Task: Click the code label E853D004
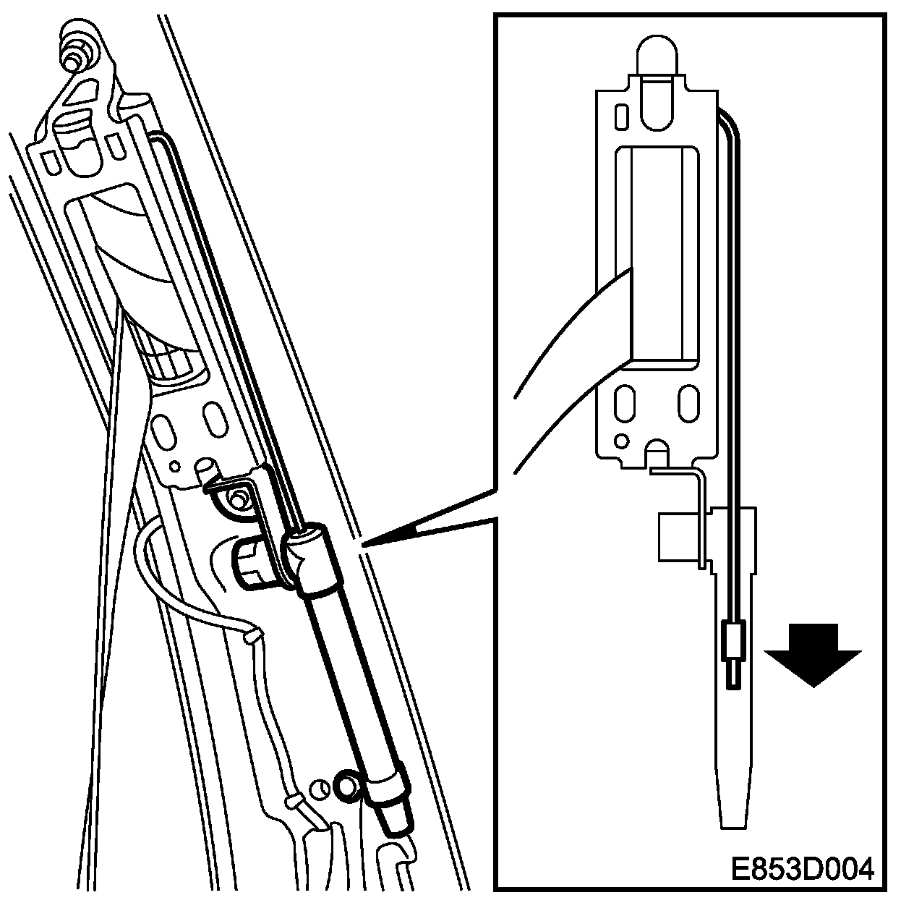[x=802, y=868]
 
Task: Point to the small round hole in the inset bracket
[x=620, y=441]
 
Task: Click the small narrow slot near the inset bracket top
[x=621, y=117]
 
